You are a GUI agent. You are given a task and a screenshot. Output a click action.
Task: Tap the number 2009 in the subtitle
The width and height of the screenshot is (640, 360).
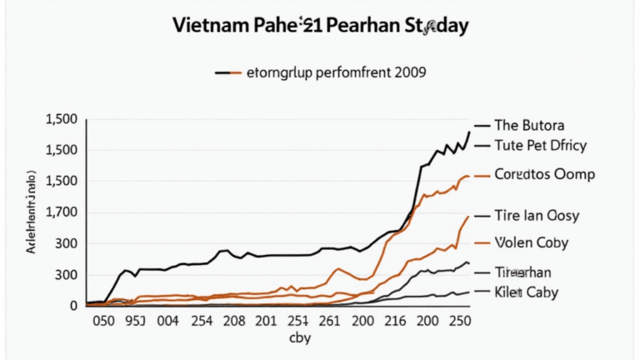pyautogui.click(x=406, y=72)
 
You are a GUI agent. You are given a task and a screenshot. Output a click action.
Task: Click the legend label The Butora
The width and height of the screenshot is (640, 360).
pyautogui.click(x=529, y=126)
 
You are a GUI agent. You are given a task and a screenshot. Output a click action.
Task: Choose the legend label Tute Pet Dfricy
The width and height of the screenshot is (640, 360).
pyautogui.click(x=541, y=145)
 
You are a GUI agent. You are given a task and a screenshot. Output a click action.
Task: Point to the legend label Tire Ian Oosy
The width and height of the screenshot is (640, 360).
pyautogui.click(x=537, y=216)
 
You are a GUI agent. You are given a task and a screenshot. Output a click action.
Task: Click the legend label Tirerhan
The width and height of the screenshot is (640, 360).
pyautogui.click(x=522, y=272)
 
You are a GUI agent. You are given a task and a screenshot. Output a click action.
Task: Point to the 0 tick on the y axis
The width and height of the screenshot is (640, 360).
pyautogui.click(x=73, y=306)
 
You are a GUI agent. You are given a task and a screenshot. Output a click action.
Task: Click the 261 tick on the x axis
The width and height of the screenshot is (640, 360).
pyautogui.click(x=331, y=322)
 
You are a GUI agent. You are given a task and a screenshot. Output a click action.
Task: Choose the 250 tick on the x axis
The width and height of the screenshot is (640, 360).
pyautogui.click(x=458, y=322)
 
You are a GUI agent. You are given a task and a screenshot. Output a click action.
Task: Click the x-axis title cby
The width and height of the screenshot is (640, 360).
pyautogui.click(x=299, y=338)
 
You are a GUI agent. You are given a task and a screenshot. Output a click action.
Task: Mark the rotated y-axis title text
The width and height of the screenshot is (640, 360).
pyautogui.click(x=31, y=212)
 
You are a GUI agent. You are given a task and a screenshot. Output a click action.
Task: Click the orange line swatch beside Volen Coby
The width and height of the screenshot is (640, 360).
pyautogui.click(x=482, y=242)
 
